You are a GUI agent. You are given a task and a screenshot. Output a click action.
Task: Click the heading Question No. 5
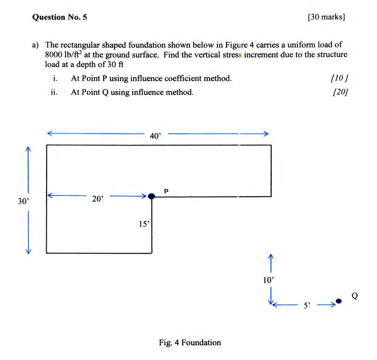60,17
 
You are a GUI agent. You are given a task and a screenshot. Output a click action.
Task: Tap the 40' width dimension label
156,136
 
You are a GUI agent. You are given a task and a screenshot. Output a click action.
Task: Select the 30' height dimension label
23,200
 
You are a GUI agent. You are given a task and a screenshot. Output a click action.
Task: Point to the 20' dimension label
98,198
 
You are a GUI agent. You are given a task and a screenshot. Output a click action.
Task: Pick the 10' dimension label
269,280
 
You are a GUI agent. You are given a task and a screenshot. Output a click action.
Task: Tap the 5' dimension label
307,305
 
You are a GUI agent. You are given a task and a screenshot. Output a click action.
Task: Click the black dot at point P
152,196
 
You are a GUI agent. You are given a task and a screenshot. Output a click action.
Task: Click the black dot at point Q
339,301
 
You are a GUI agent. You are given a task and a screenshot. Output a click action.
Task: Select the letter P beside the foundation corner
166,190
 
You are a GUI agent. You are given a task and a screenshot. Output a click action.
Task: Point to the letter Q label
354,296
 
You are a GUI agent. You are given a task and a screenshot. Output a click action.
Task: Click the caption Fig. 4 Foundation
190,343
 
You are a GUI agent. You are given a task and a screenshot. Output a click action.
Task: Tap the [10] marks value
340,78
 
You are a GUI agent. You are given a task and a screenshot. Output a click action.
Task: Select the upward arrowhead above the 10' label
271,257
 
